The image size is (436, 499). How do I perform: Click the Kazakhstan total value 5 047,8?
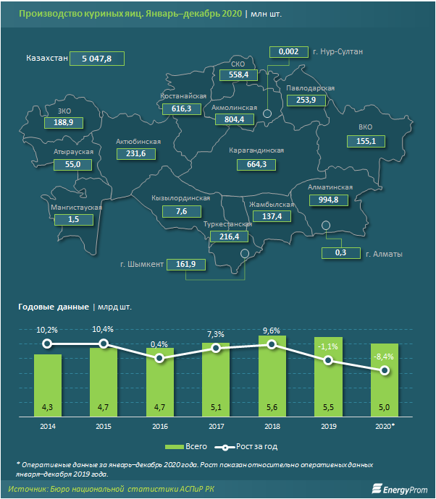(x=96, y=59)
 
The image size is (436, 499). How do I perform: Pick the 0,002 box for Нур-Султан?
(x=288, y=51)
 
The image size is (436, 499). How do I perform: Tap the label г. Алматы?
(x=384, y=254)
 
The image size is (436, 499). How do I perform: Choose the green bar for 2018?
(x=272, y=376)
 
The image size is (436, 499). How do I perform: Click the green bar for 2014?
(x=48, y=387)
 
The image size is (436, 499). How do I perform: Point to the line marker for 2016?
(x=160, y=358)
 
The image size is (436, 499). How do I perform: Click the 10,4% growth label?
(x=104, y=329)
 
